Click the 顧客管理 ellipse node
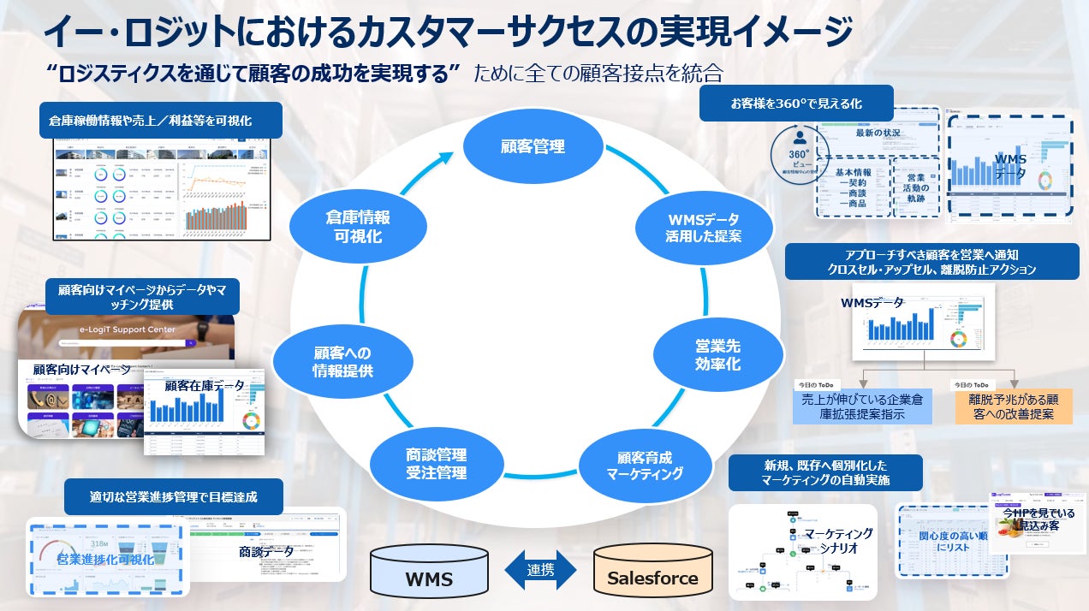tap(533, 145)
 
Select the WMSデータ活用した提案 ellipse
tap(703, 228)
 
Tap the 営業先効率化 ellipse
tap(717, 354)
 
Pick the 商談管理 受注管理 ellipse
tap(437, 464)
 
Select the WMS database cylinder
tap(429, 572)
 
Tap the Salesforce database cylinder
tap(652, 572)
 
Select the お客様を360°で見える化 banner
tap(795, 104)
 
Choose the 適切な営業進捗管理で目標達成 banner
tap(173, 496)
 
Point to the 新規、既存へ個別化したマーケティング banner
tap(825, 472)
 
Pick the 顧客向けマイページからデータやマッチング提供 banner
tap(141, 296)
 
